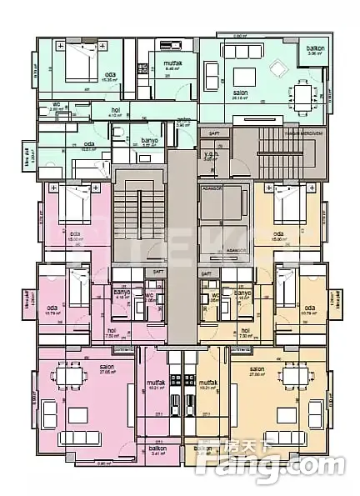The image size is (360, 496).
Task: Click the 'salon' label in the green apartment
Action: coord(240,93)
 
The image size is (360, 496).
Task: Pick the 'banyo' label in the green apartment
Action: coord(150,140)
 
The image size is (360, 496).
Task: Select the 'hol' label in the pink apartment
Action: coord(111,329)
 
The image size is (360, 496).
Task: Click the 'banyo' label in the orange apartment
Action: coord(242,293)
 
